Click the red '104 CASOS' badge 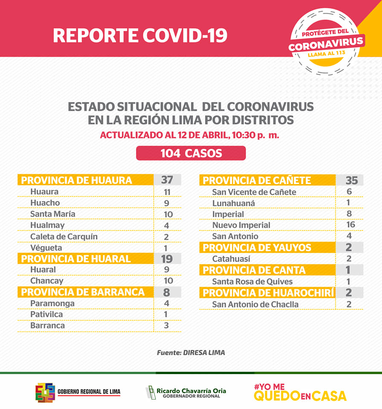tap(191, 153)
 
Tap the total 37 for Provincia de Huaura tap(167, 180)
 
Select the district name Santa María tap(53, 214)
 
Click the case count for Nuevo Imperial tap(350, 225)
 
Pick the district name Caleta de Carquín tap(64, 236)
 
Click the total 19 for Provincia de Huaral tap(167, 259)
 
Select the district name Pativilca tap(46, 314)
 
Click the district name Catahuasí tap(231, 259)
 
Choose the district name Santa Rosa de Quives tap(252, 282)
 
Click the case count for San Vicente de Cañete tap(349, 191)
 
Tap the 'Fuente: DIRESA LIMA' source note tap(191, 353)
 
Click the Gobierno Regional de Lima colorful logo tap(45, 392)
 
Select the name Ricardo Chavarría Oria tap(191, 391)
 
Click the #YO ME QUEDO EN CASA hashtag tap(300, 392)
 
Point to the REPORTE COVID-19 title tap(140, 35)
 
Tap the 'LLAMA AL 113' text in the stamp tap(327, 54)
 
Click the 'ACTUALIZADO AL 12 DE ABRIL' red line tap(190, 135)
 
